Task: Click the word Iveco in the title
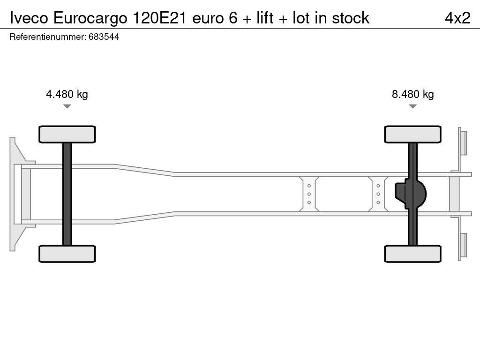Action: point(29,18)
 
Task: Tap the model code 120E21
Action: point(159,18)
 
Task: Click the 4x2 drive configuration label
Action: point(457,18)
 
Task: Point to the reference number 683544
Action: point(104,37)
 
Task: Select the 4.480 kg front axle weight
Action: point(67,94)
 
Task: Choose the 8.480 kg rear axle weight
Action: point(412,94)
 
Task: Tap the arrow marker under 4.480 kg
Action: point(67,106)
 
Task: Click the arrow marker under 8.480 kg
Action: point(412,106)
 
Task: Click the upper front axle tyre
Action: point(67,135)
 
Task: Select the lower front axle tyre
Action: point(67,254)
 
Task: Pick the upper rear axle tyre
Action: point(412,135)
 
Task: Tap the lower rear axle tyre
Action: point(412,254)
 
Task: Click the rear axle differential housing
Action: point(411,194)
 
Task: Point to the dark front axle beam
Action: point(67,194)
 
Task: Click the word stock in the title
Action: point(351,18)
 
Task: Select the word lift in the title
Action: point(265,18)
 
